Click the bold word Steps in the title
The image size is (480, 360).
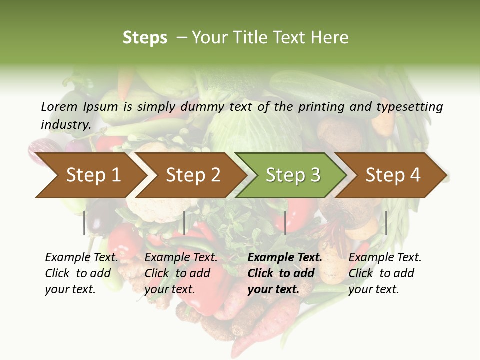[145, 38]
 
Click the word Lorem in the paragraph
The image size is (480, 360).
[59, 106]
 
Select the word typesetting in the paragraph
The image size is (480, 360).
[409, 106]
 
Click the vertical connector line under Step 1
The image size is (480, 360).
[84, 223]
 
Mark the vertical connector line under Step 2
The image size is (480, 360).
[184, 223]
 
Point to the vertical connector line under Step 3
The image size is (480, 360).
[285, 223]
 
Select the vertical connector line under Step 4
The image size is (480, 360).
[386, 223]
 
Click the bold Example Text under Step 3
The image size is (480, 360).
[285, 257]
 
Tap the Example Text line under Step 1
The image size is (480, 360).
[81, 257]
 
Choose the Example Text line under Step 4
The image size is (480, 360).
[385, 257]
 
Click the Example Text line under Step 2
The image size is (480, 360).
[181, 257]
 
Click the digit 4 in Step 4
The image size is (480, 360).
[415, 175]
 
